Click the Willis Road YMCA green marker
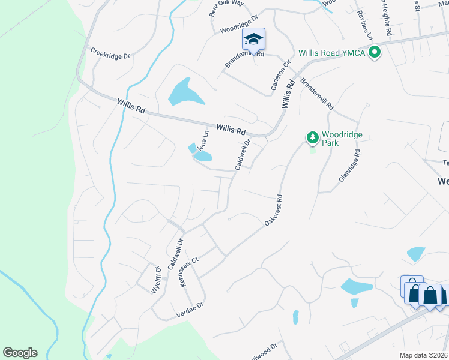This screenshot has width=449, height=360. pos(375,53)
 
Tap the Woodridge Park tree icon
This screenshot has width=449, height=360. pos(312,138)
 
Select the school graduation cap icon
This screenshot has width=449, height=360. pos(253,40)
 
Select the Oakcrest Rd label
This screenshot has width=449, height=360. pos(273,209)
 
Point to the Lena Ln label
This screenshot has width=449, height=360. pos(203,142)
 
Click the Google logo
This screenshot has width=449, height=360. pos(20,353)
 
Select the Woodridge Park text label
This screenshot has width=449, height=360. pos(342,139)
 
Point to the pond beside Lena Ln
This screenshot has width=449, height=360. pos(203,157)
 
